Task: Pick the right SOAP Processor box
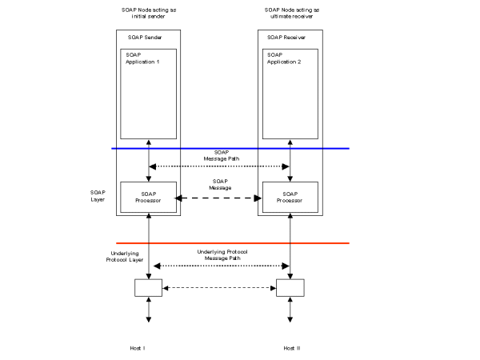290,198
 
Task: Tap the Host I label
137,349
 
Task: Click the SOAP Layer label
98,195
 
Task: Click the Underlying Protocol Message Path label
222,254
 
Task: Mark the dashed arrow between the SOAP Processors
220,198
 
